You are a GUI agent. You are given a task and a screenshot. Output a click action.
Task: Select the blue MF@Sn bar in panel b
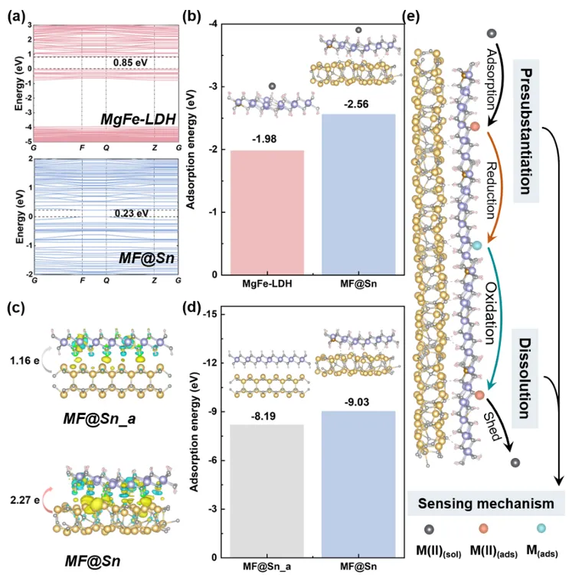point(358,194)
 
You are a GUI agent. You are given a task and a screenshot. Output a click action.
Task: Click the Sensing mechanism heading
point(487,503)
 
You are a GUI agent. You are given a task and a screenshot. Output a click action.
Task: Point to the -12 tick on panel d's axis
point(221,362)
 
